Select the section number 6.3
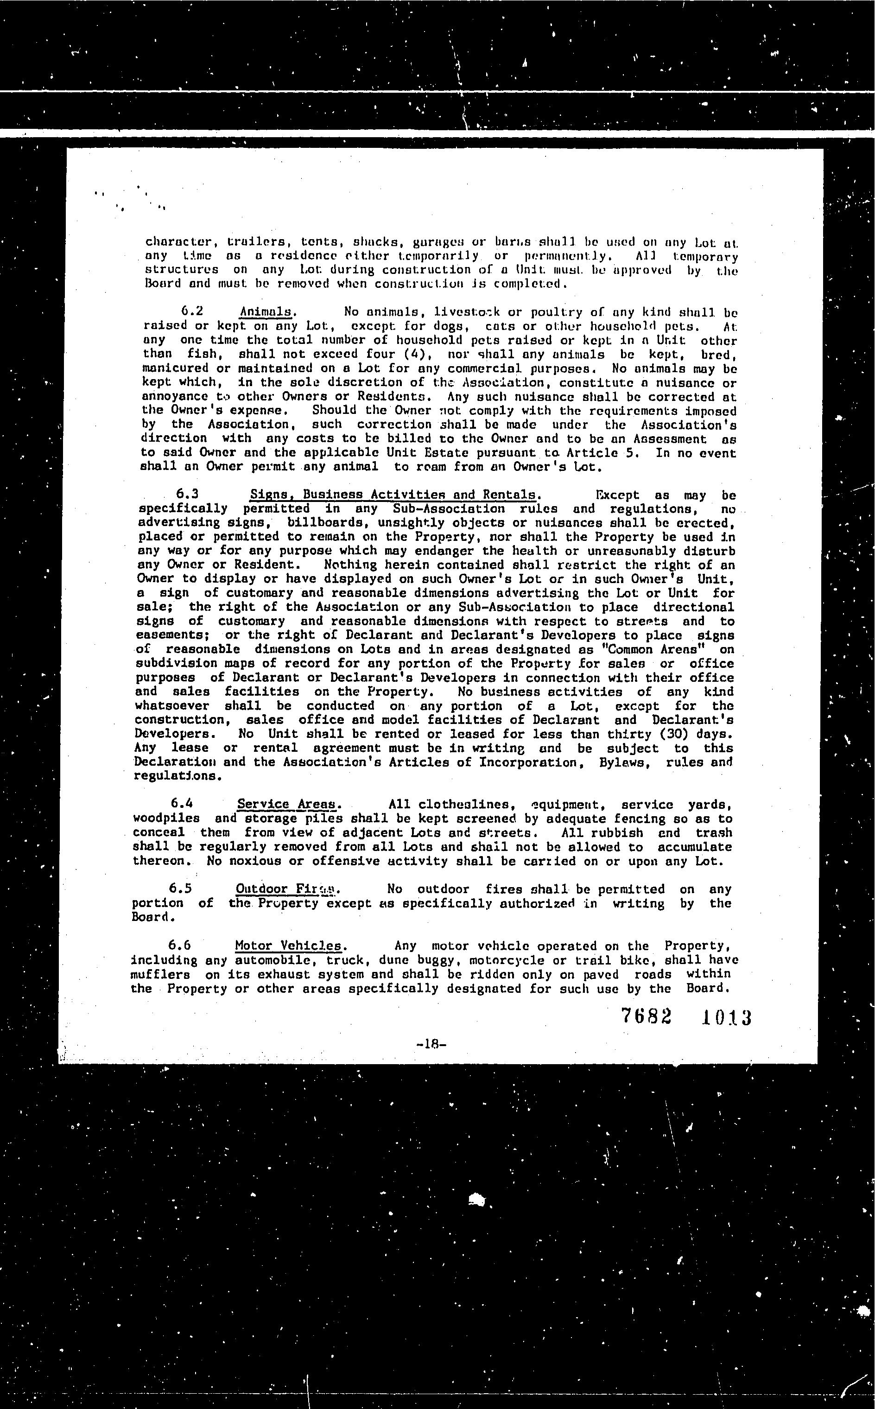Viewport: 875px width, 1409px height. [x=187, y=494]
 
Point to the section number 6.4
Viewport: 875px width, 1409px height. [x=182, y=804]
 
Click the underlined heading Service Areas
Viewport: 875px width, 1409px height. [x=286, y=804]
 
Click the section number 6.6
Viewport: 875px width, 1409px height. [x=179, y=946]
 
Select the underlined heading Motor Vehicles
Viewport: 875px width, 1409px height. [x=288, y=946]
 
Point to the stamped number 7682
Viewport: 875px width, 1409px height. [x=647, y=1016]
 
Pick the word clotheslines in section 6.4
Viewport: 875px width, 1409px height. [x=466, y=804]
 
